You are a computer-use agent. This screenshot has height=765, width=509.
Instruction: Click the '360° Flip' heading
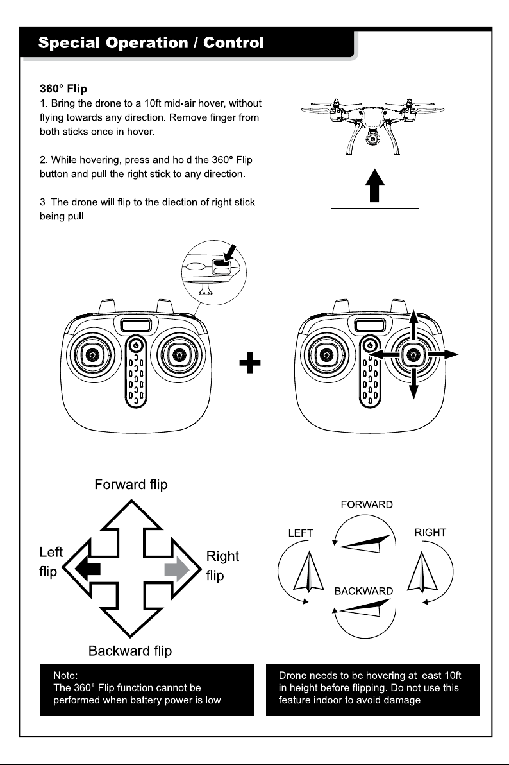(63, 89)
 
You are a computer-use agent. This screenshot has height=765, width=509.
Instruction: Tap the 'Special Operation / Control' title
(151, 43)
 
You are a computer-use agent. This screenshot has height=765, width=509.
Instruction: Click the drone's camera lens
(374, 139)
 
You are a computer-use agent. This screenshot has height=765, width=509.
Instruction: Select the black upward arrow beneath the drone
(374, 185)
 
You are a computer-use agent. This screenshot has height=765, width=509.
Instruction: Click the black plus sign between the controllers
(250, 363)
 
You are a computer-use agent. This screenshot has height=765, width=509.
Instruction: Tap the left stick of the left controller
(92, 354)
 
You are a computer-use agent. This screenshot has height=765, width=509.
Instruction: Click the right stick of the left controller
(179, 354)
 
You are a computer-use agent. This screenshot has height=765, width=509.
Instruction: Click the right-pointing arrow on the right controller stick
(442, 354)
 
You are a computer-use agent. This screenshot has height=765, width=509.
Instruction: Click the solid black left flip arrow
(88, 569)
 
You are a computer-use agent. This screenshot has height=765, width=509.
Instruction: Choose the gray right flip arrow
(177, 569)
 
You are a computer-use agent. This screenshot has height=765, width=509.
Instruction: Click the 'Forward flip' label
(131, 485)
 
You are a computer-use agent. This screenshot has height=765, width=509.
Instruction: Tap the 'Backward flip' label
(130, 651)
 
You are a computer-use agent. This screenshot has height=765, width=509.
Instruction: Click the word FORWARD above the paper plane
(367, 504)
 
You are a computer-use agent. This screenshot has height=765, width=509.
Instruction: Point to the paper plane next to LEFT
(308, 572)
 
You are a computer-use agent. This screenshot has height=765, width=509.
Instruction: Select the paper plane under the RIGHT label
(422, 572)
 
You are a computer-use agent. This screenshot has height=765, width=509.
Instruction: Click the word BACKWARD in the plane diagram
(363, 591)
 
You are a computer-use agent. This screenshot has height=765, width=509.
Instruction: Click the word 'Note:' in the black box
(65, 676)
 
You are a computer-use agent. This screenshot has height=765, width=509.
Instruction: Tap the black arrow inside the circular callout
(229, 254)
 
